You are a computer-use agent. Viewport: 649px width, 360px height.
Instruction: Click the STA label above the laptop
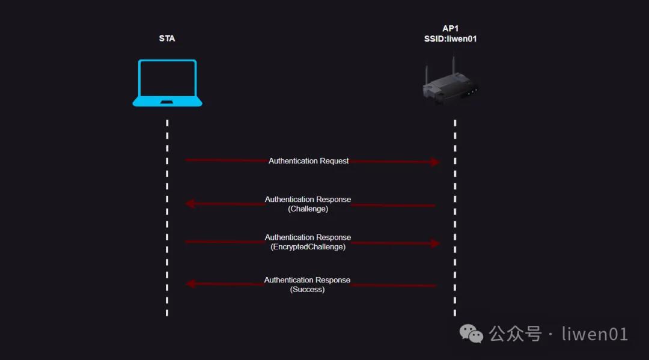[x=167, y=38]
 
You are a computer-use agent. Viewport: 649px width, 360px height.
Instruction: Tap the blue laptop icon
[x=167, y=83]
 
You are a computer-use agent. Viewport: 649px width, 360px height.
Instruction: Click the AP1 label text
[x=450, y=29]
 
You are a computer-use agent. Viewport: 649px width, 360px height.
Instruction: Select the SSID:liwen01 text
[x=450, y=39]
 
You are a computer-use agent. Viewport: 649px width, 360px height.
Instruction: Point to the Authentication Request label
[x=308, y=161]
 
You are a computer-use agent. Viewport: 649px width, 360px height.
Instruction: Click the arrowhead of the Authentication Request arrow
[x=434, y=162]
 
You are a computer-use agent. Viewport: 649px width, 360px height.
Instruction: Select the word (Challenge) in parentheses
[x=308, y=209]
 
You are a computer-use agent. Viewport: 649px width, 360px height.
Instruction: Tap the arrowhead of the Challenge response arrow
[x=190, y=204]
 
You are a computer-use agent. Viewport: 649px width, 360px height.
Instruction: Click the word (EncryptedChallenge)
[x=308, y=247]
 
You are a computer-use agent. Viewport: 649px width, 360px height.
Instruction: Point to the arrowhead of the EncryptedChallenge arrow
[x=434, y=243]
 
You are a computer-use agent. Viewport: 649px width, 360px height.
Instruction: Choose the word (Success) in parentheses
[x=307, y=290]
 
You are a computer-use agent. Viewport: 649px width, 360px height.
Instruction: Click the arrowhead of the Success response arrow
[x=190, y=284]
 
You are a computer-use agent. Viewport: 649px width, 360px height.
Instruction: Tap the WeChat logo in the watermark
[x=471, y=334]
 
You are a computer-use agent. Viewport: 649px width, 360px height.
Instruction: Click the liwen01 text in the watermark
[x=595, y=334]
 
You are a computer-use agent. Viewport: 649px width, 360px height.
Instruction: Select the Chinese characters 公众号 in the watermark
[x=516, y=334]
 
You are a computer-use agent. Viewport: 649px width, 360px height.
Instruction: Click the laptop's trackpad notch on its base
[x=167, y=102]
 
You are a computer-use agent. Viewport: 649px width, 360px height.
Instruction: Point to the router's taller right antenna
[x=454, y=66]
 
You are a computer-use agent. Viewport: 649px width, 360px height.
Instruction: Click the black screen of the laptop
[x=167, y=79]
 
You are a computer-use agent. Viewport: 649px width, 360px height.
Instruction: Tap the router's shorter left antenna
[x=426, y=75]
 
